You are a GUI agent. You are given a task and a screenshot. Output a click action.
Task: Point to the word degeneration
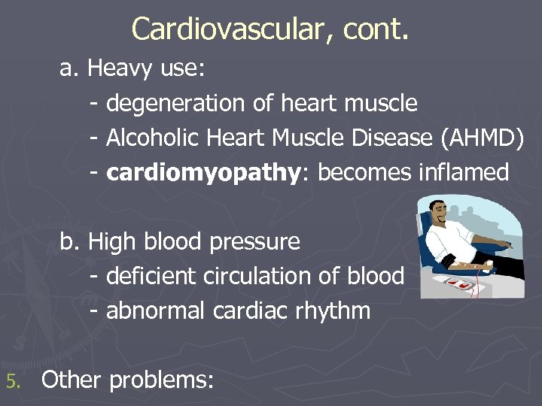point(177,104)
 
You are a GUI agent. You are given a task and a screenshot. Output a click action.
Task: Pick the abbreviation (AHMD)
point(481,138)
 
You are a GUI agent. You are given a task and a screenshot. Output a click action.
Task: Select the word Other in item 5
point(72,380)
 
